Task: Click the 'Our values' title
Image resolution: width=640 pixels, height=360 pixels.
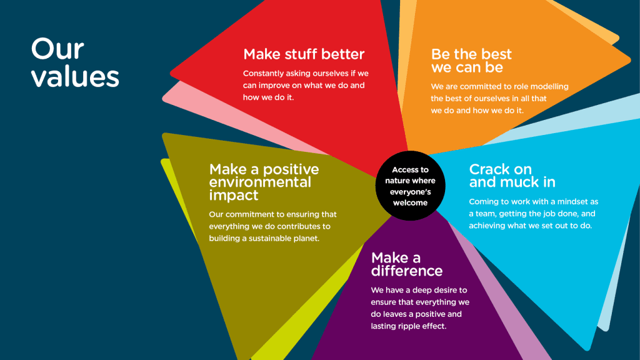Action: pos(75,62)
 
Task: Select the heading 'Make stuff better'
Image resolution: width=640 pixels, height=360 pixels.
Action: pos(304,54)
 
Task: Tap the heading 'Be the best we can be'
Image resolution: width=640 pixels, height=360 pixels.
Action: pos(471,61)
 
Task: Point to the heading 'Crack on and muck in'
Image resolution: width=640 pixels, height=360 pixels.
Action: pos(512,176)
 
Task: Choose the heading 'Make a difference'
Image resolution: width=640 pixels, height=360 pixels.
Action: pos(406,264)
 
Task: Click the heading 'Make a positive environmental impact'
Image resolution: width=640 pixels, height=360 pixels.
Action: pos(264,182)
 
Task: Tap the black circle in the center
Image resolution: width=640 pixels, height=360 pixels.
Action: pos(410,186)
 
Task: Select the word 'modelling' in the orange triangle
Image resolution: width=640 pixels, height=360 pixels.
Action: pos(550,87)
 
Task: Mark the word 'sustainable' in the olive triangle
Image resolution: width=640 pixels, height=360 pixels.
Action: pos(270,238)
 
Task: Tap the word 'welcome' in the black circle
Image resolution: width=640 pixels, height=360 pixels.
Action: pos(410,203)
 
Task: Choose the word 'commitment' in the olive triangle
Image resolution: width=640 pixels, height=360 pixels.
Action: pos(248,215)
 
